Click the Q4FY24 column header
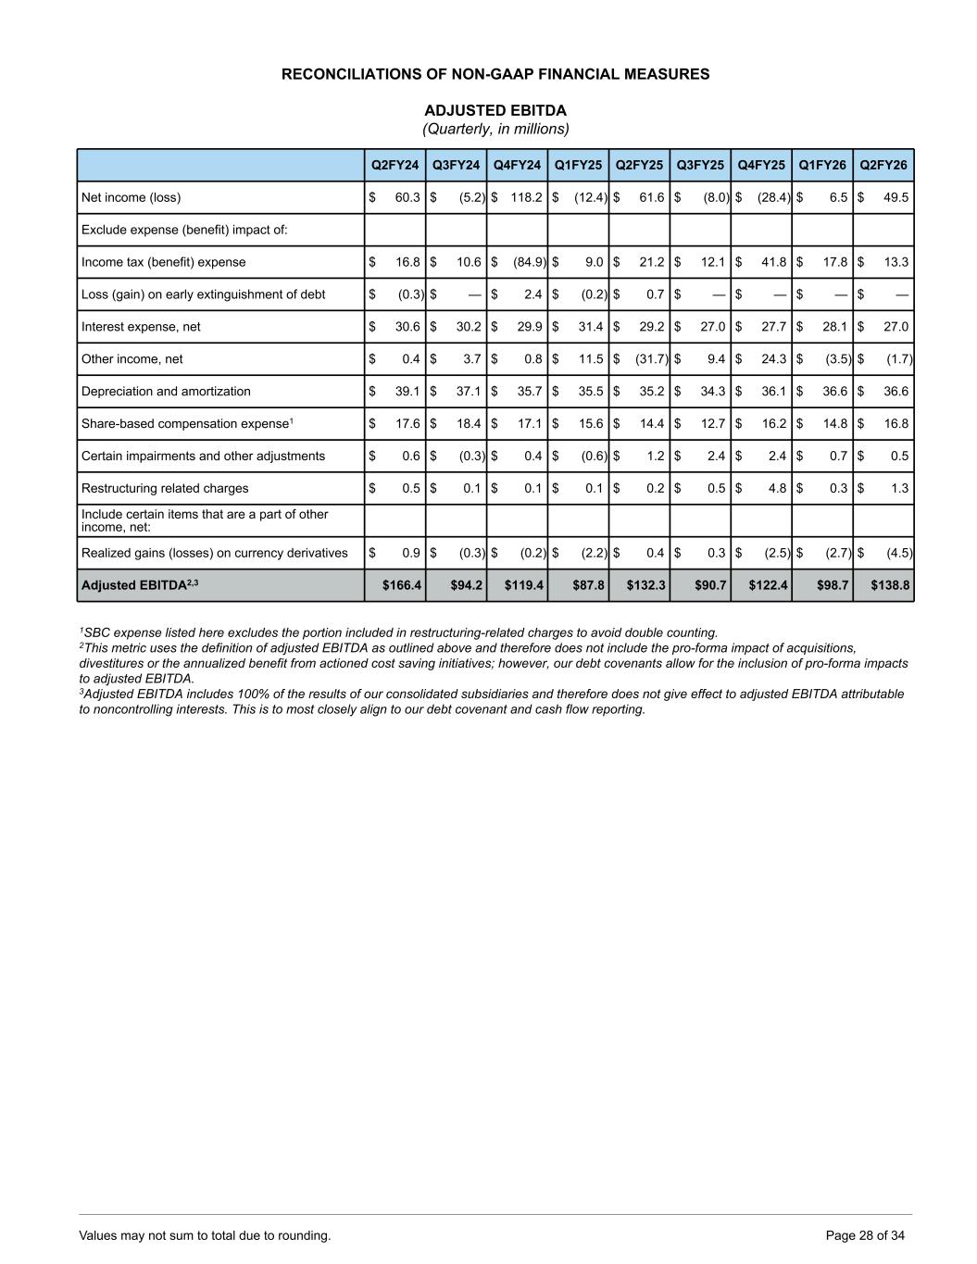(517, 165)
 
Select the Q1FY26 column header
(822, 165)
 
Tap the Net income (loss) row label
(132, 197)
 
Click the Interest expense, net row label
(141, 327)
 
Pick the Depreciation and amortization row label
(166, 392)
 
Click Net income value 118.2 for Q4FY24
(526, 197)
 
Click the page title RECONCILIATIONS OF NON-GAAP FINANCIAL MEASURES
(495, 74)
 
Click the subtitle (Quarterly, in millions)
(495, 129)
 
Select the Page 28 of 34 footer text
(865, 1235)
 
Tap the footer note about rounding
(205, 1235)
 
